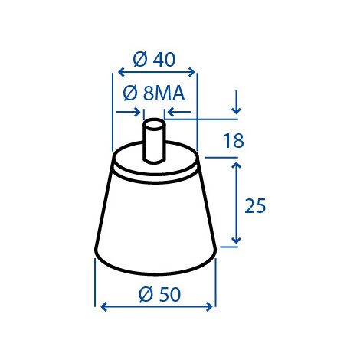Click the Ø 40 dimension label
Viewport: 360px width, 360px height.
(x=154, y=60)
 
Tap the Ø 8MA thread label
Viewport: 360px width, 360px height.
(x=154, y=93)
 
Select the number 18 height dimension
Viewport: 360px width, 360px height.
(x=234, y=141)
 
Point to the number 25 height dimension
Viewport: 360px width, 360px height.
(x=255, y=206)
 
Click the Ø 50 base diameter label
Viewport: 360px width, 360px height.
(x=160, y=294)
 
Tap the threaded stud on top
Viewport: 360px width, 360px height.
(x=154, y=141)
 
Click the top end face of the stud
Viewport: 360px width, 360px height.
(x=154, y=124)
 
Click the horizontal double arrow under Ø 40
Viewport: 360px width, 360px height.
(x=156, y=72)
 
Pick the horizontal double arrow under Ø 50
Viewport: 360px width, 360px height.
(x=156, y=306)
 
